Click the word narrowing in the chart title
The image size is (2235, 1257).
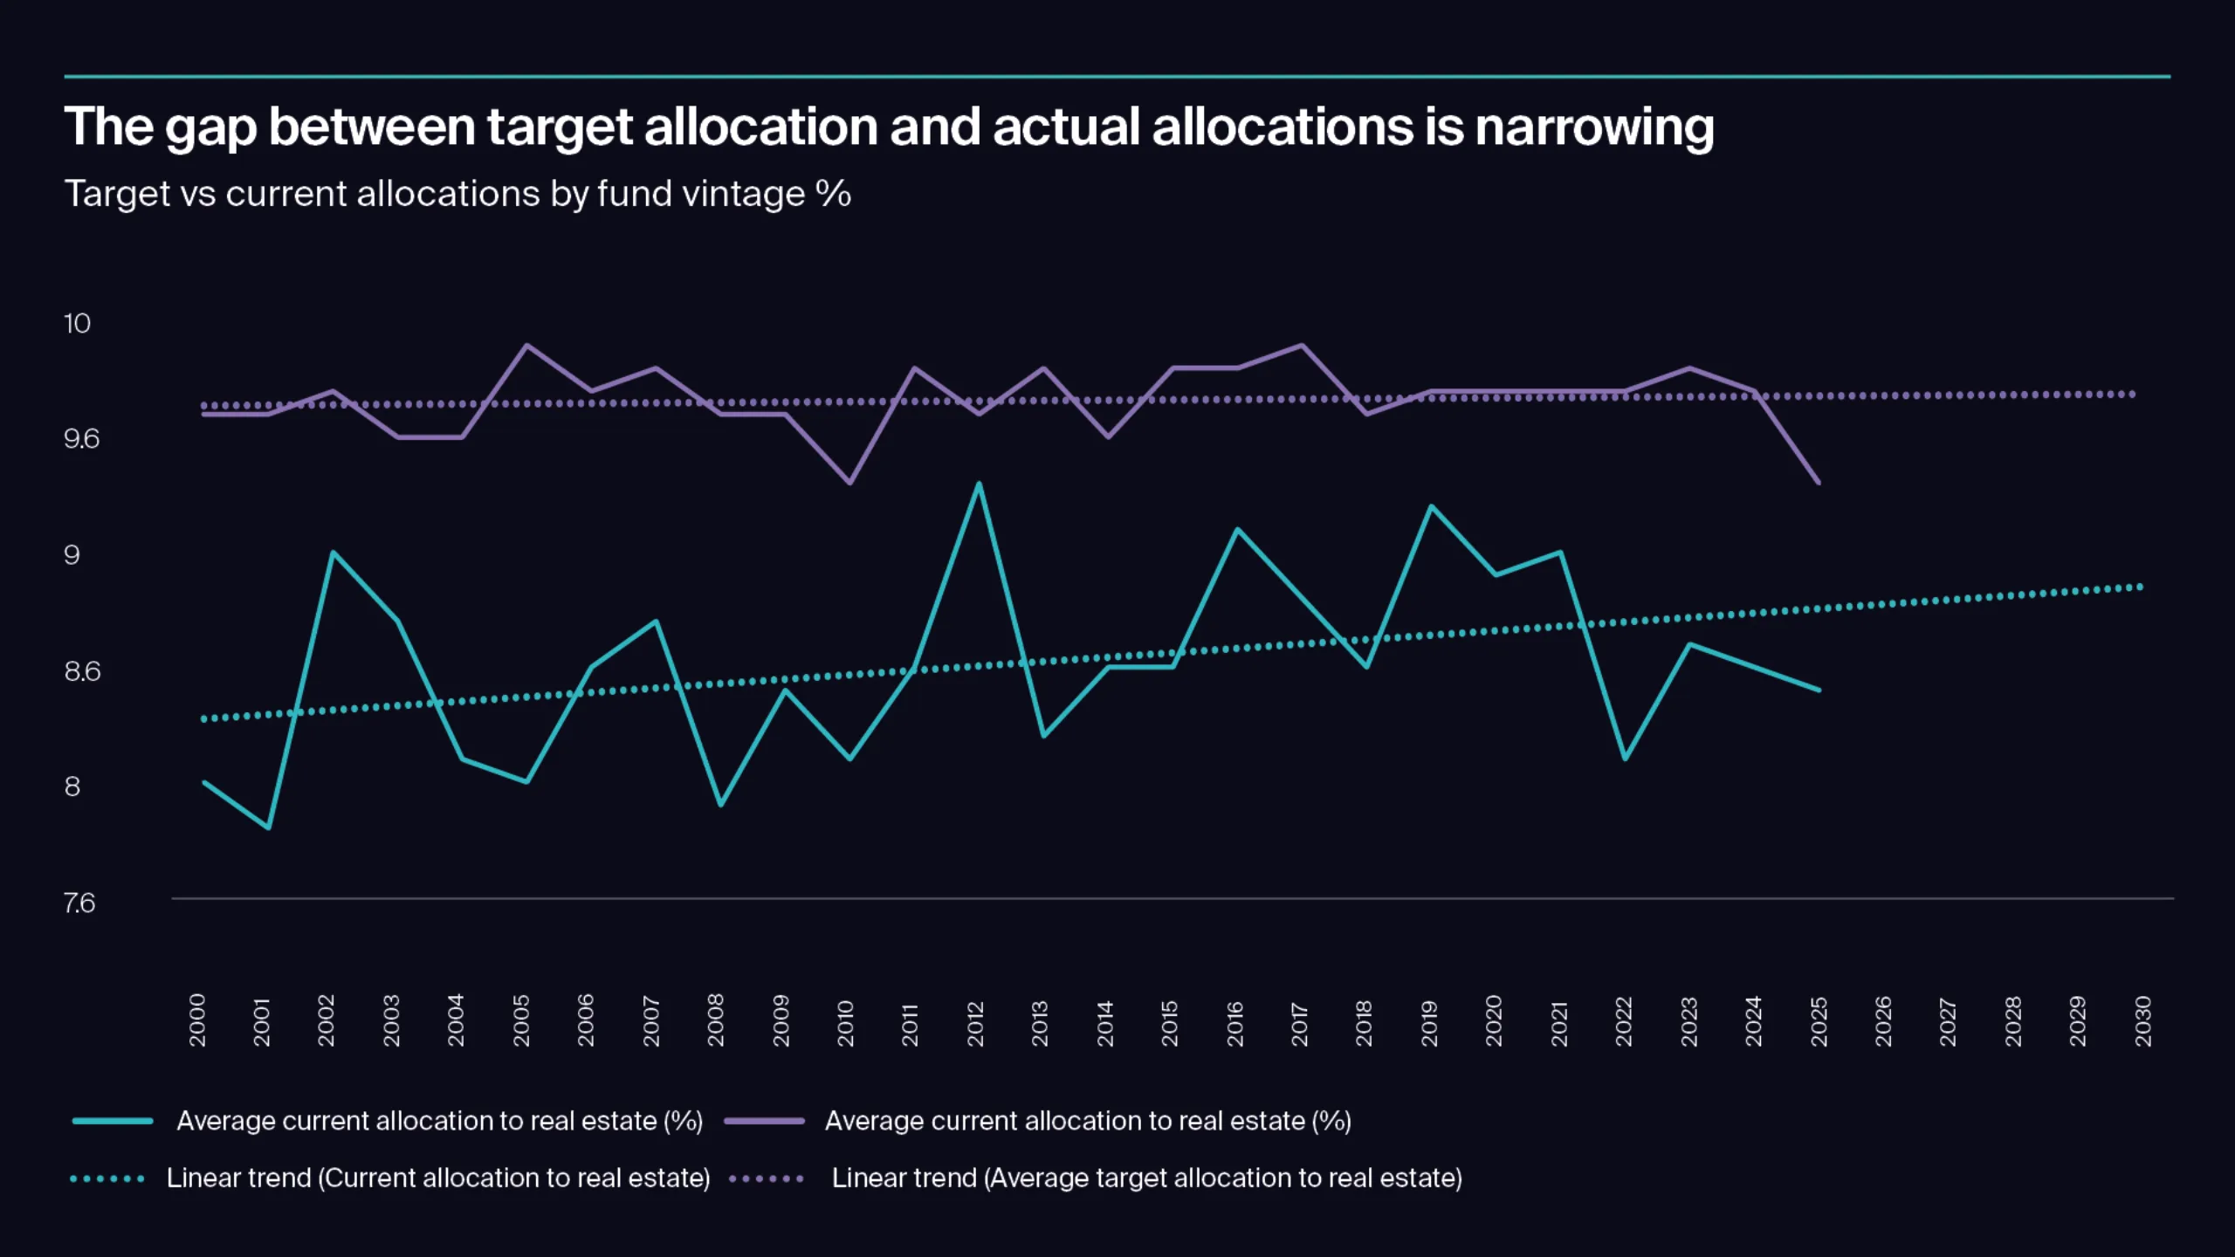point(1594,127)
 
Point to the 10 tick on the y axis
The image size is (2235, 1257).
point(77,324)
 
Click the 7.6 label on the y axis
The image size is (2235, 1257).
point(79,903)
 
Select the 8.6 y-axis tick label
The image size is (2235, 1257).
point(82,671)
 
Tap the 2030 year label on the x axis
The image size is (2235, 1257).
point(2142,1020)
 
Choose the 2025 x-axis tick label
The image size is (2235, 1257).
point(1819,1021)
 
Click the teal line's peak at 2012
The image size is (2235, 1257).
point(979,484)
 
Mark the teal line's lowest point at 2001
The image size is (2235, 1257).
point(268,828)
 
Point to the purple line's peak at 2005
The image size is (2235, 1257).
point(526,346)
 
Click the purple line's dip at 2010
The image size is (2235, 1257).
point(849,483)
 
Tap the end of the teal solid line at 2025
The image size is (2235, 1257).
point(1819,690)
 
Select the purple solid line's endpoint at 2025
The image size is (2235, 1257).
point(1819,483)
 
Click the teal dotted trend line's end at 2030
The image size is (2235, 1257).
point(2140,587)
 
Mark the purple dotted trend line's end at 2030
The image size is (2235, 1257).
point(2133,395)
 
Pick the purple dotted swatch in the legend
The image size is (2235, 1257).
point(766,1179)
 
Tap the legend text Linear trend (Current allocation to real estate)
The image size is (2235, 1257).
point(438,1178)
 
